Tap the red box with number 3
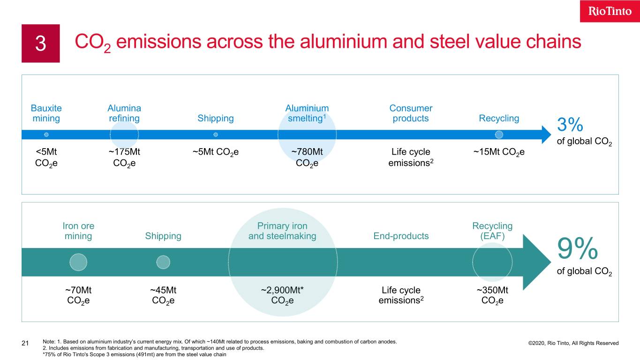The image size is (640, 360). pyautogui.click(x=41, y=44)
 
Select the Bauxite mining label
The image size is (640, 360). pyautogui.click(x=46, y=113)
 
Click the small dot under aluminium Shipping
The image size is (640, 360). pyautogui.click(x=216, y=135)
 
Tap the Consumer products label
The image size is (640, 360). pyautogui.click(x=411, y=113)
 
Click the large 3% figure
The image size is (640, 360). pyautogui.click(x=570, y=125)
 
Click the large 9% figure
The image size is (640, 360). pyautogui.click(x=578, y=248)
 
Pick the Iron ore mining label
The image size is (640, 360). pyautogui.click(x=78, y=231)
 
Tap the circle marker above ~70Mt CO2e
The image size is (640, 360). pyautogui.click(x=78, y=262)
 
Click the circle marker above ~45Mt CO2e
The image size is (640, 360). pyautogui.click(x=163, y=262)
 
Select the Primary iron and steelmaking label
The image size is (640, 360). pyautogui.click(x=282, y=231)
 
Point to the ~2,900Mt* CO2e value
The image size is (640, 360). pyautogui.click(x=282, y=295)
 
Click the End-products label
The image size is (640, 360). pyautogui.click(x=401, y=236)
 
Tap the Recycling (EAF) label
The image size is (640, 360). pyautogui.click(x=492, y=231)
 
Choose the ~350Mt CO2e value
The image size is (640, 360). pyautogui.click(x=492, y=295)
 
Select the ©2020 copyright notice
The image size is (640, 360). pyautogui.click(x=573, y=343)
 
